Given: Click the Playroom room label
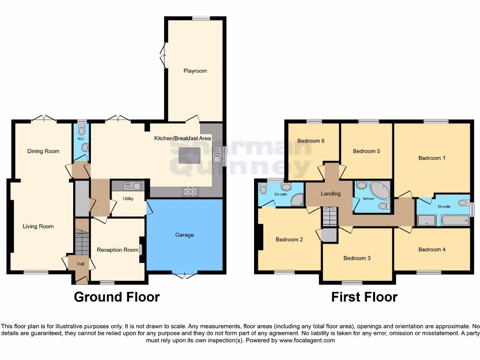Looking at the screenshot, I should pos(195,71).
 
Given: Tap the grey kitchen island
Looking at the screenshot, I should pos(189,155).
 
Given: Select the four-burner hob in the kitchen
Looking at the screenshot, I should pos(190,191).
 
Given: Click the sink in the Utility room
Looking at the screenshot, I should pos(132,186).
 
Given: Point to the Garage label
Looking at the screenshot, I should pos(184,235).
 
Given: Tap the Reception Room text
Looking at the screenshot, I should pos(118,250).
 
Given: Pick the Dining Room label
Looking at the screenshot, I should pos(43,151).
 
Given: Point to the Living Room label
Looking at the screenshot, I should pos(38,226).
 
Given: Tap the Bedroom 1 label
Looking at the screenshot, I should pos(432,158).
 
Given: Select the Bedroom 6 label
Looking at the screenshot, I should pos(311,141).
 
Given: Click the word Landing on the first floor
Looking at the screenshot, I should pos(330,194).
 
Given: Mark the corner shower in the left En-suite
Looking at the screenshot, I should pos(296,201).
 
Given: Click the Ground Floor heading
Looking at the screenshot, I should pos(117,297).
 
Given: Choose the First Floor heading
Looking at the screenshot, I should pos(364,297).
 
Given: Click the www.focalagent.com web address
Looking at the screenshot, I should pos(307,341).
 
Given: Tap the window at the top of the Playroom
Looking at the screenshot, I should pos(201,19).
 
